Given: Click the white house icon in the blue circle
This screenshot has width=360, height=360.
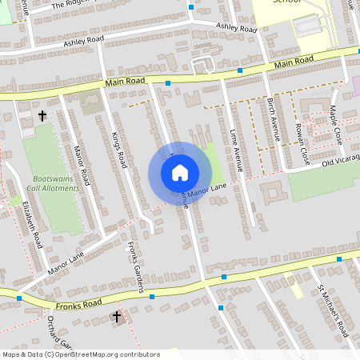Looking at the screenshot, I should (179, 172).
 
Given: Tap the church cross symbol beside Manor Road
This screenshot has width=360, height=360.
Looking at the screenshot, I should (42, 117).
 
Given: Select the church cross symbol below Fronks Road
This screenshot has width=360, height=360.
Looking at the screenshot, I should (116, 318).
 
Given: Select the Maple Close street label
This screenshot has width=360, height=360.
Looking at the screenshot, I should (335, 124).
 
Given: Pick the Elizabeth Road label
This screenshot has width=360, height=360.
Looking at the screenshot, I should (31, 226).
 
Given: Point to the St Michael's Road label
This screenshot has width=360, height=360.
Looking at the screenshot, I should (332, 310).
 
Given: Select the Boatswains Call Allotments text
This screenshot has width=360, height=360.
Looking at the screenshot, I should (56, 183).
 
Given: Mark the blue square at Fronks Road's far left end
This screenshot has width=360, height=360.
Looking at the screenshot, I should (18, 298).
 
